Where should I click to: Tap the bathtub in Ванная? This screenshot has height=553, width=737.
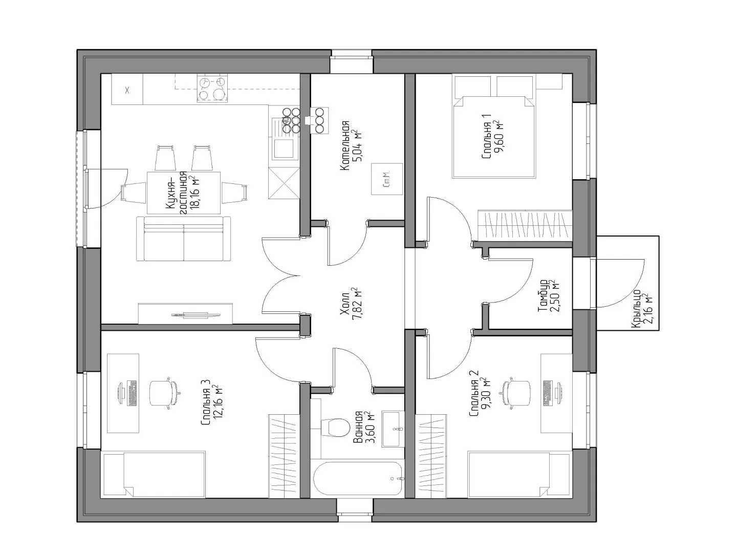tap(358, 478)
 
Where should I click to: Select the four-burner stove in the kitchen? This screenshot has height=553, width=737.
tap(212, 89)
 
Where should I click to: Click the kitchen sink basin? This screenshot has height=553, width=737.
tap(284, 148)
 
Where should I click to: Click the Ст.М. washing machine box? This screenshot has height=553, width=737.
tap(387, 179)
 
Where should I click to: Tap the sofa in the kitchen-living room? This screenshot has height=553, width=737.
tap(184, 239)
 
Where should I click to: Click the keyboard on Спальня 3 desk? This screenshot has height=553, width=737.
tap(132, 393)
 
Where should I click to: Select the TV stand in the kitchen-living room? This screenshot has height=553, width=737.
tap(185, 313)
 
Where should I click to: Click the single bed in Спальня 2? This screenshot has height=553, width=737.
tap(519, 475)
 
